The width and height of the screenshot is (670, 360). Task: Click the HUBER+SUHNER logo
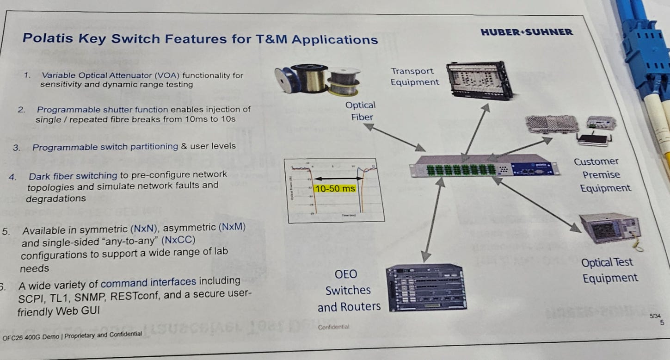[x=527, y=32]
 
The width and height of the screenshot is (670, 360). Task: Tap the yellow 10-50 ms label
[x=334, y=188]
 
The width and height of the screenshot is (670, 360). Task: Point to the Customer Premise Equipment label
[x=602, y=175]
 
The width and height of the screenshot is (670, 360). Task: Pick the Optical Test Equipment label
[x=609, y=270]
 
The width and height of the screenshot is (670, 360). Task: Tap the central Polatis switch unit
[x=484, y=166]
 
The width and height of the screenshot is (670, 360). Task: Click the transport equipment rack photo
[x=479, y=80]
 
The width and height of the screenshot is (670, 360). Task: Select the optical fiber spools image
[x=318, y=81]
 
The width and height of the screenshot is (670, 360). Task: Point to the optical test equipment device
[x=610, y=230]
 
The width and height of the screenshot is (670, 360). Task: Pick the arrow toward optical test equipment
[x=536, y=204]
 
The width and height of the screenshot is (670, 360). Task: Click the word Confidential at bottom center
[x=333, y=327]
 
